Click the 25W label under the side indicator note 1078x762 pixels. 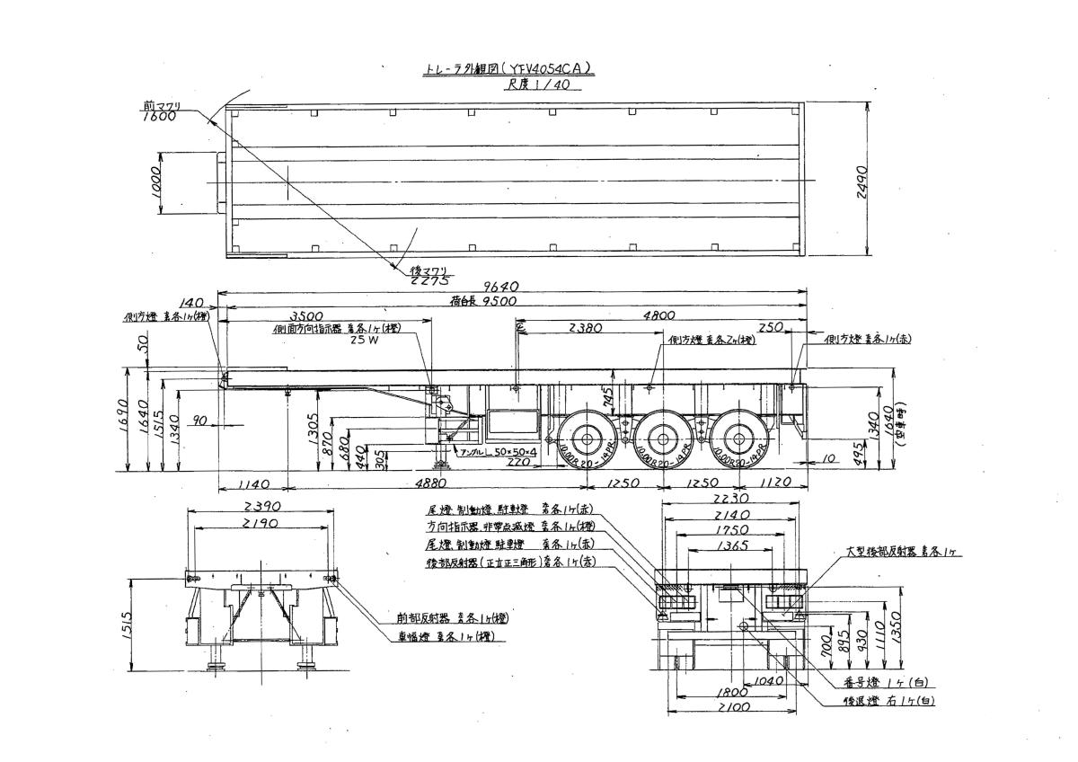pos(361,341)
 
